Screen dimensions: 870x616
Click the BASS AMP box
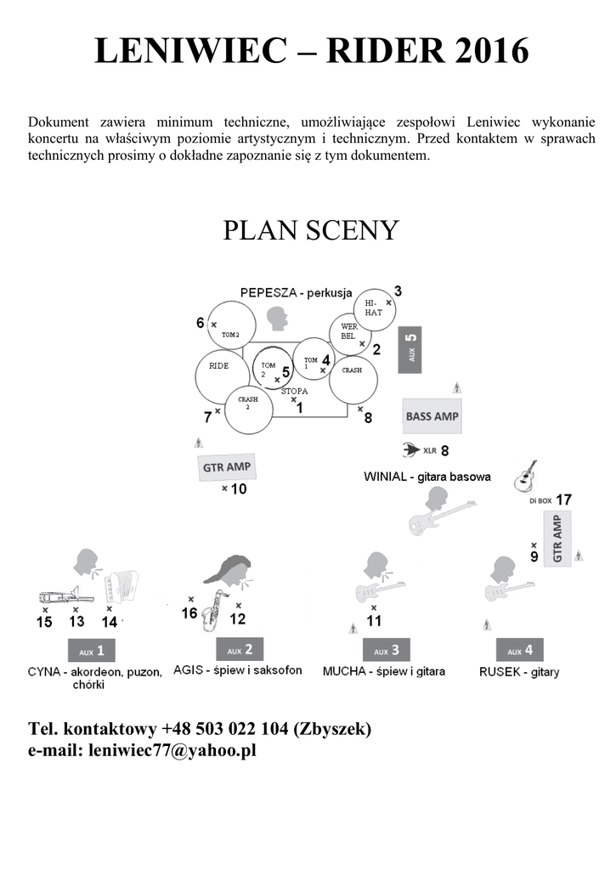(x=432, y=416)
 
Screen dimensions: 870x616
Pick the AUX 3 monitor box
(x=387, y=650)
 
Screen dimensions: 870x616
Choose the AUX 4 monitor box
(x=520, y=651)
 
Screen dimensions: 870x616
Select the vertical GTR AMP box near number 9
(x=557, y=540)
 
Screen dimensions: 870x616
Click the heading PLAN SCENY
(x=310, y=230)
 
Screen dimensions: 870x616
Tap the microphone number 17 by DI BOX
(x=563, y=500)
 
